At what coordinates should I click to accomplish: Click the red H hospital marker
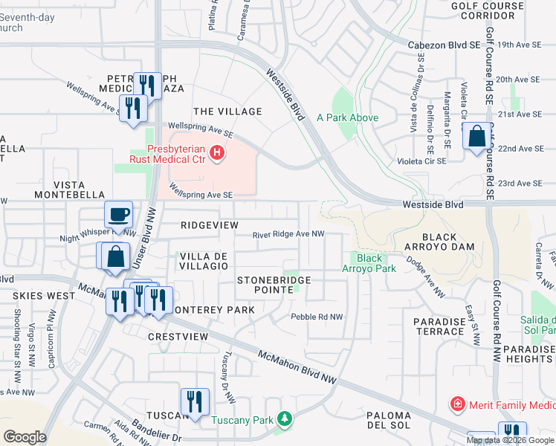coord(216,154)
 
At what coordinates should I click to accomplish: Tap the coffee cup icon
coord(119,216)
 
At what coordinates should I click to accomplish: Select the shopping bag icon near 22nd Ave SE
coord(477,137)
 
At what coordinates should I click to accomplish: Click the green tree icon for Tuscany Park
coord(282,421)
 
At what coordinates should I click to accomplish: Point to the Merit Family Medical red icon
coord(458,405)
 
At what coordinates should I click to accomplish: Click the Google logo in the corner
coord(25,437)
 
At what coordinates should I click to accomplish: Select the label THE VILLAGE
coord(227,111)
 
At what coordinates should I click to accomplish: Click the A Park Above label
coord(347,117)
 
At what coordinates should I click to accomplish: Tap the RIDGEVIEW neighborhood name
coord(210,224)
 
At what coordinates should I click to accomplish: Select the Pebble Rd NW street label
coord(317,317)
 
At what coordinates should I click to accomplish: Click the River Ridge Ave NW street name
coord(288,234)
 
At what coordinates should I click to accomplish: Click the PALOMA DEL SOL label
coord(388,420)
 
